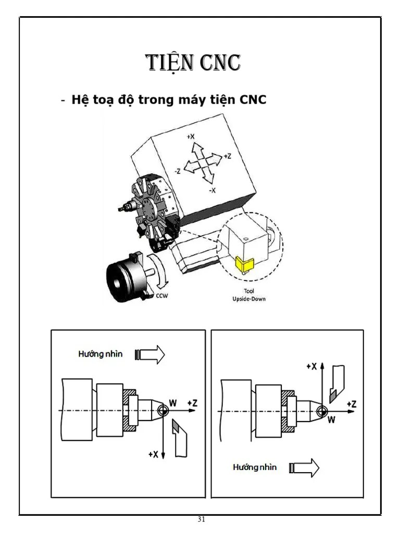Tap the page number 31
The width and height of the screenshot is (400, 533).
pos(201,519)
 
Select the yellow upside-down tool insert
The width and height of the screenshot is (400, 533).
pos(242,264)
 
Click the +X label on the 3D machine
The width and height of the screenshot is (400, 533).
pos(191,136)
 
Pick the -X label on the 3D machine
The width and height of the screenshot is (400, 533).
pos(213,191)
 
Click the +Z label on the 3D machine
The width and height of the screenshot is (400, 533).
pos(227,156)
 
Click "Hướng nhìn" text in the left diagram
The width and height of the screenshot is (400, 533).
pos(101,354)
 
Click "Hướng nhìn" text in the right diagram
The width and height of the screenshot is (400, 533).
pos(254,467)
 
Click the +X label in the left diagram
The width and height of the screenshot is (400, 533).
pos(153,454)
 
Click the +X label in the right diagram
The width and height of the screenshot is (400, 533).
pos(311,366)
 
